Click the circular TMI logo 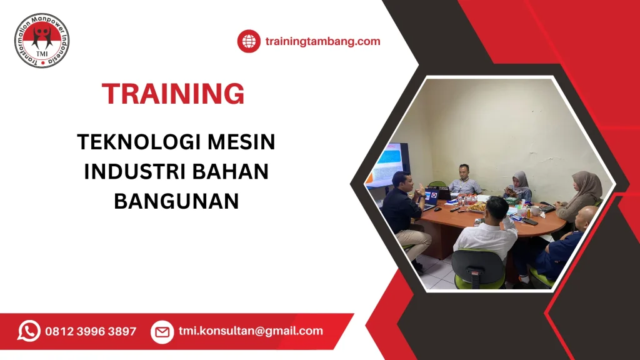[42, 41]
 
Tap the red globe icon [249, 42]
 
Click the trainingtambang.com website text [322, 42]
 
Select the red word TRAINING [173, 94]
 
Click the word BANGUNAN [176, 201]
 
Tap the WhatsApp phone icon [29, 331]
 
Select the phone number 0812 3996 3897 [91, 331]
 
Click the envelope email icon [162, 332]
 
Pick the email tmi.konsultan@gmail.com [251, 331]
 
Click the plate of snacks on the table [478, 206]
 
